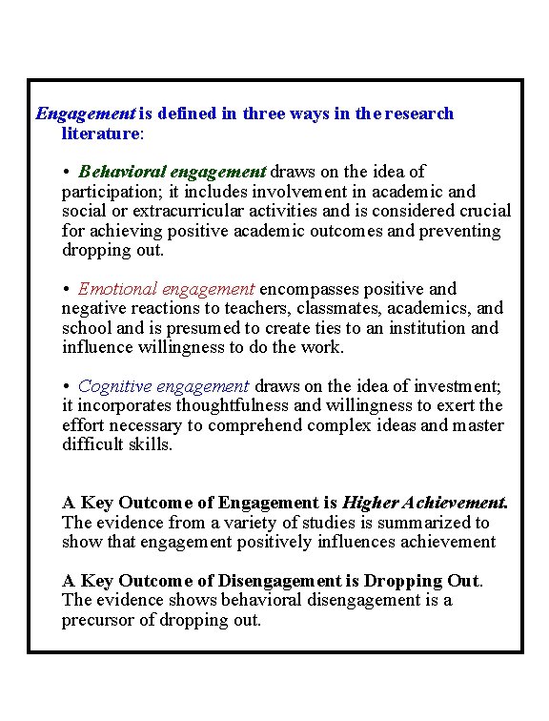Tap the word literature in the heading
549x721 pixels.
pyautogui.click(x=100, y=134)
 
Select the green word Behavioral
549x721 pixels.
pyautogui.click(x=121, y=173)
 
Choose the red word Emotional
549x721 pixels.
pyautogui.click(x=118, y=289)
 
